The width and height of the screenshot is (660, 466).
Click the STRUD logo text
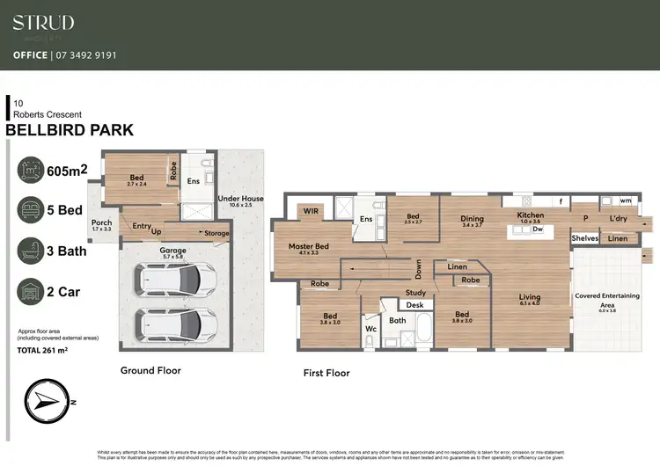click(x=43, y=23)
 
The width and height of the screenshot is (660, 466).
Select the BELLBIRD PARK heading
click(x=70, y=130)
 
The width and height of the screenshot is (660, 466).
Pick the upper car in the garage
click(x=173, y=280)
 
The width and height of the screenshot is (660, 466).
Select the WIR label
click(x=311, y=212)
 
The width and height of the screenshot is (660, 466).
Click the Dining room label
click(x=473, y=219)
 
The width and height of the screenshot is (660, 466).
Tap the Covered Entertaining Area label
click(x=607, y=299)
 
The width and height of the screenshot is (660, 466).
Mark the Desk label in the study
click(x=414, y=304)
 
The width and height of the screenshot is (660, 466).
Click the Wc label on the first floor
click(x=370, y=328)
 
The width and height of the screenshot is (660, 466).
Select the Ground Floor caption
click(x=150, y=371)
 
